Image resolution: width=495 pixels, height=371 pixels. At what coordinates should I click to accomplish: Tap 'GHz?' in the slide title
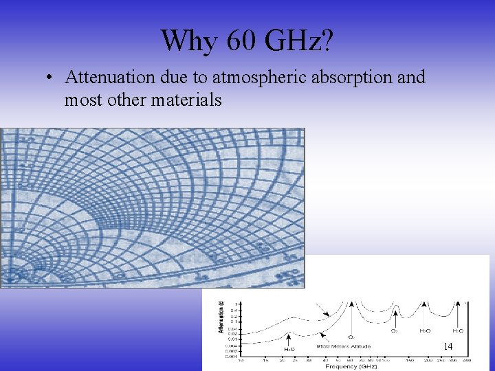[x=300, y=41]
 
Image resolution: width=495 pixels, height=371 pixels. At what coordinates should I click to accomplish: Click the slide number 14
[x=448, y=346]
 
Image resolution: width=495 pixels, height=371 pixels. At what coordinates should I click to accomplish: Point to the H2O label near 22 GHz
[x=289, y=349]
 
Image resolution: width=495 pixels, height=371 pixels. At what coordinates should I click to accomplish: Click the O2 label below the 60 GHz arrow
[x=351, y=337]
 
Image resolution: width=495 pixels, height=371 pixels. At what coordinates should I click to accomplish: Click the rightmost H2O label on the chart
[x=457, y=330]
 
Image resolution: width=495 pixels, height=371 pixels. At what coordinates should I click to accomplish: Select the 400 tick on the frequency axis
[x=466, y=359]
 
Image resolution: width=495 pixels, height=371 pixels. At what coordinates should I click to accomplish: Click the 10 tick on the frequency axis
[x=240, y=359]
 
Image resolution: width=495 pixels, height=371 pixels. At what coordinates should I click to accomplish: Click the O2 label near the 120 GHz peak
[x=395, y=330]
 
